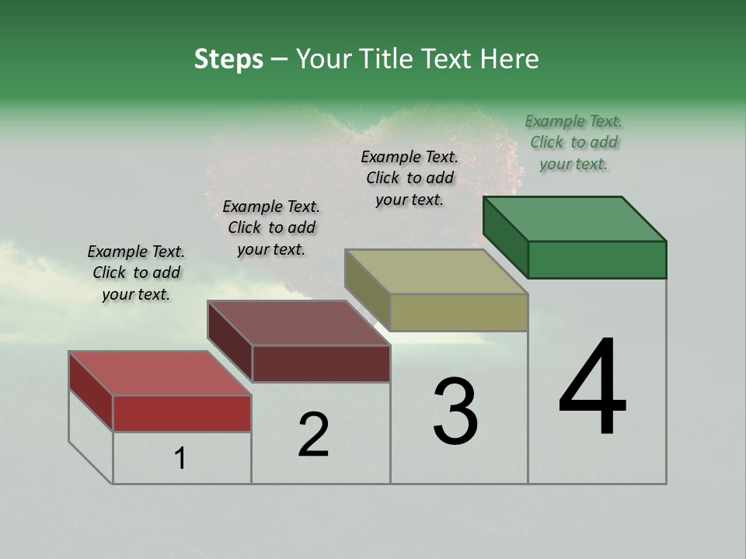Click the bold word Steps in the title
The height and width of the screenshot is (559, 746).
[228, 59]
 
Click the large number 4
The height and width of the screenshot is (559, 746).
[592, 388]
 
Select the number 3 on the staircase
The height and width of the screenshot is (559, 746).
[455, 411]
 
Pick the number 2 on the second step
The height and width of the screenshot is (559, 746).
[313, 435]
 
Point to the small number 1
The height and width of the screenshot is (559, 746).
[180, 459]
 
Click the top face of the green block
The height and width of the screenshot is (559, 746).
[575, 219]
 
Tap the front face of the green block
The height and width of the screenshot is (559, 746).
[597, 259]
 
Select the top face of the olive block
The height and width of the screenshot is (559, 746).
[436, 272]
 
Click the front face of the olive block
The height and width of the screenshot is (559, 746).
[458, 312]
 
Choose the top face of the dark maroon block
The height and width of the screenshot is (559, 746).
[298, 323]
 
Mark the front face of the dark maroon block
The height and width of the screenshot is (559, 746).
[321, 363]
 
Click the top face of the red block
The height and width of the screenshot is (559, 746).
[160, 373]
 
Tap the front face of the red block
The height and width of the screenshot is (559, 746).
[182, 413]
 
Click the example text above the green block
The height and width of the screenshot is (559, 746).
[573, 142]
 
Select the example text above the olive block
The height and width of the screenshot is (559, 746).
[410, 178]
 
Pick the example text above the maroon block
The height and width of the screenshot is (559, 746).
[271, 227]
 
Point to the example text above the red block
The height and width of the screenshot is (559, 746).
[136, 273]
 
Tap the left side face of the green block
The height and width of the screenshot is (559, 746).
[505, 236]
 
